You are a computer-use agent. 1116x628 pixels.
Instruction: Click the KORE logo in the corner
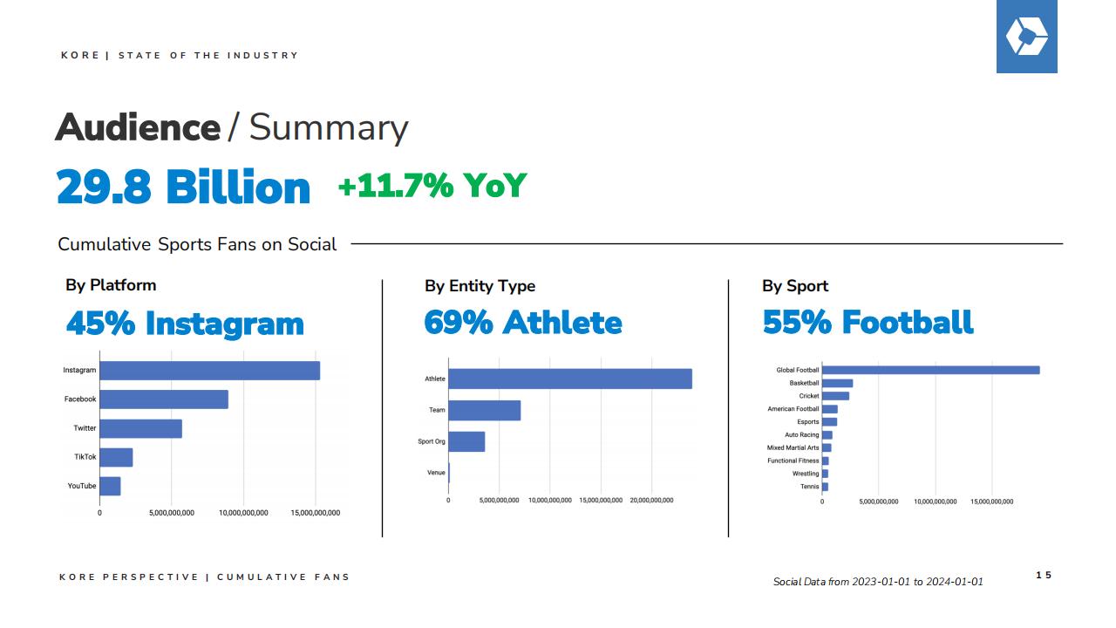pos(1026,37)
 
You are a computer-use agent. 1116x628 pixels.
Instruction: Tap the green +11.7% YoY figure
pos(432,186)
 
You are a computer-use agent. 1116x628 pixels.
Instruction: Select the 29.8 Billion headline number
pos(183,187)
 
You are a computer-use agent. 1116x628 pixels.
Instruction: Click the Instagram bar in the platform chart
pos(210,371)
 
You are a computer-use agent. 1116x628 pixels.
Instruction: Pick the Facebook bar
pos(164,399)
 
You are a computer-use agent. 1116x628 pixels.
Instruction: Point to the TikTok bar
pos(116,458)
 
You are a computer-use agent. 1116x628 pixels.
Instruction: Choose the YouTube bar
pos(110,487)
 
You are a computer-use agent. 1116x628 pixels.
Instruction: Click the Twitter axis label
pos(85,428)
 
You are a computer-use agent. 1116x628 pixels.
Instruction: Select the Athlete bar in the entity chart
pos(570,379)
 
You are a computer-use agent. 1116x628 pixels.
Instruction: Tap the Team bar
pos(484,410)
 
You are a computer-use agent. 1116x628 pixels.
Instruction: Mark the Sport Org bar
pos(466,441)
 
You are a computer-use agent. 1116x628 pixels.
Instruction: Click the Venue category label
pos(436,473)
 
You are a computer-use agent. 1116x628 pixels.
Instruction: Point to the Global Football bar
pos(930,370)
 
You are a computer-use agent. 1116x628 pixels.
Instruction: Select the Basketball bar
pos(838,383)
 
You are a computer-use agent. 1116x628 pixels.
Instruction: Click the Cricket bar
pos(835,396)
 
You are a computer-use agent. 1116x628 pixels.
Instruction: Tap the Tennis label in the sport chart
pos(810,487)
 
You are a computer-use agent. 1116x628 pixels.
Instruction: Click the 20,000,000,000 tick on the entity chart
pos(651,500)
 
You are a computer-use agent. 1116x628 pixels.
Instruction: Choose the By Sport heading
pos(795,286)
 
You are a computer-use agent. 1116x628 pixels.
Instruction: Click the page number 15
pos(1044,575)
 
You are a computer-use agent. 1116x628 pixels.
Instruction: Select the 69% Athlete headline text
pos(523,323)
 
